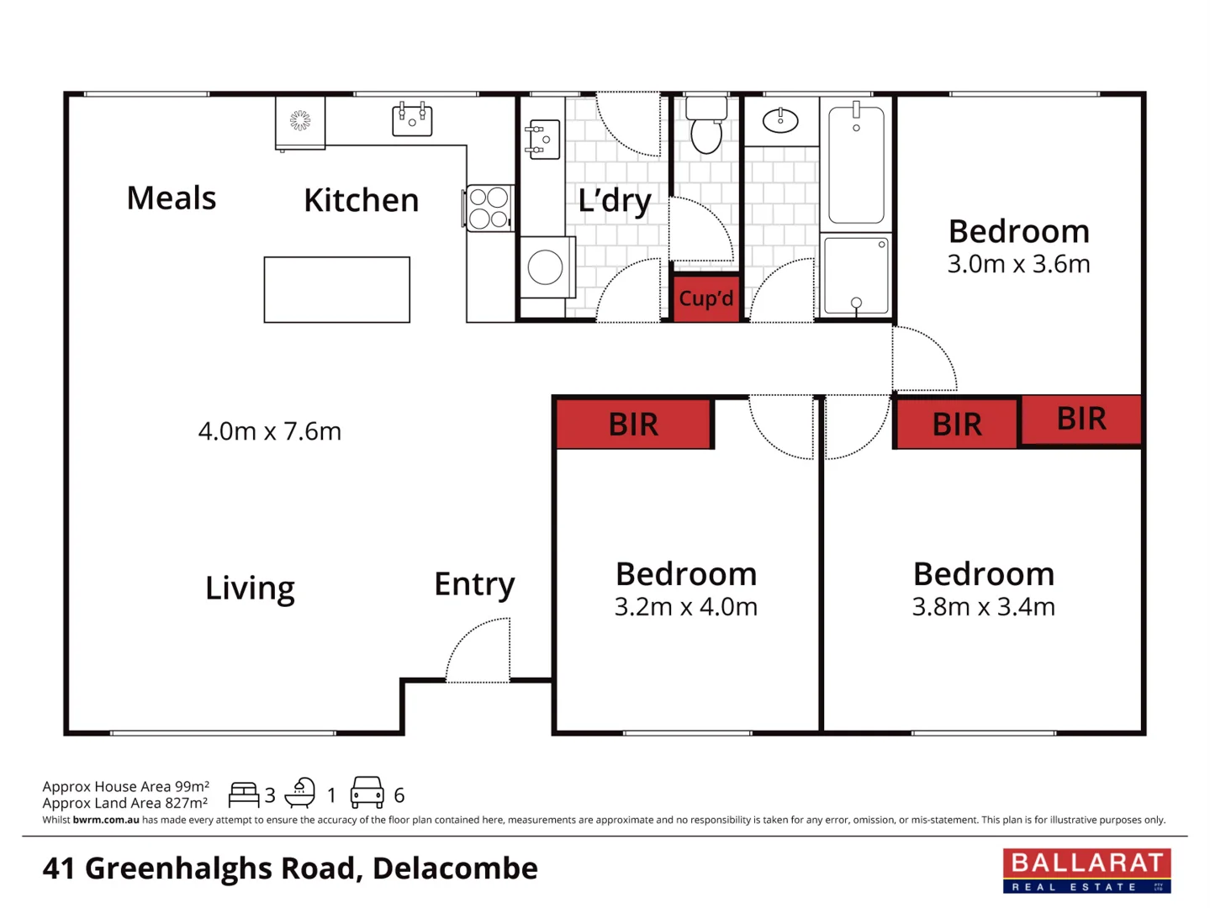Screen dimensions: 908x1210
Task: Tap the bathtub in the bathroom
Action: (x=856, y=165)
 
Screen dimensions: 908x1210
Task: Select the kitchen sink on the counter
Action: (x=412, y=120)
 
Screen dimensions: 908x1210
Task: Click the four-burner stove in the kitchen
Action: (x=489, y=209)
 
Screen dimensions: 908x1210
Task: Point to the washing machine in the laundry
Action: (x=546, y=268)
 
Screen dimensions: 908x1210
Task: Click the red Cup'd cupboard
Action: (x=706, y=298)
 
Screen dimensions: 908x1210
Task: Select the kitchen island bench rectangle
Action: (x=336, y=290)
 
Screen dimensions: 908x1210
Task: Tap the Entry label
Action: (x=474, y=583)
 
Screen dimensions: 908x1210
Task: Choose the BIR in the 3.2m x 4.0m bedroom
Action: (x=633, y=424)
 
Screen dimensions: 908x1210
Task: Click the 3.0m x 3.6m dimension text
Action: (x=1018, y=264)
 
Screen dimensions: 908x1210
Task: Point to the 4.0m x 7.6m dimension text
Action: (x=269, y=431)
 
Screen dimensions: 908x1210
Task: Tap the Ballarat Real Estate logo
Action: (x=1086, y=870)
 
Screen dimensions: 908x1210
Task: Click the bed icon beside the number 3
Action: (x=244, y=794)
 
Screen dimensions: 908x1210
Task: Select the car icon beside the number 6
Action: (x=367, y=793)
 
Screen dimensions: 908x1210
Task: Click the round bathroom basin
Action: (x=780, y=121)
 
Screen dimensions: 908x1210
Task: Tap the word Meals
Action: (x=172, y=198)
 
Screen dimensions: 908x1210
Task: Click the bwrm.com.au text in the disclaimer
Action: (x=106, y=820)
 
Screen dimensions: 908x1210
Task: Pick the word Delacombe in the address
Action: (x=455, y=868)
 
